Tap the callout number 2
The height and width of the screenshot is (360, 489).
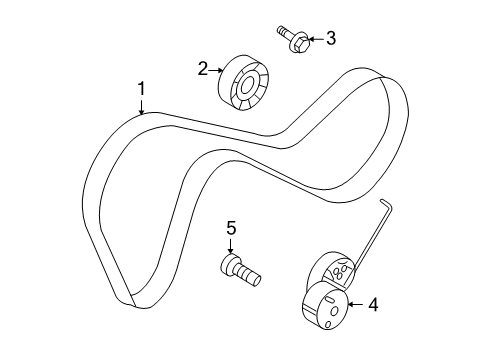pos(203,68)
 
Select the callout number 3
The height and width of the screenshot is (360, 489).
pos(331,39)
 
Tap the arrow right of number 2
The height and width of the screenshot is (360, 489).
pos(218,69)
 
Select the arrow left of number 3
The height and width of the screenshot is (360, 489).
pos(314,39)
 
